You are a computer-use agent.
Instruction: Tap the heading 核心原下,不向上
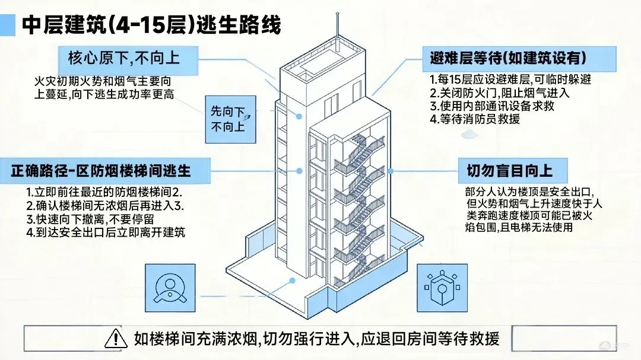[123, 58]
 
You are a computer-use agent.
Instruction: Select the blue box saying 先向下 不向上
[231, 119]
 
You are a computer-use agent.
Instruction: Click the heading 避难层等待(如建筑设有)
[508, 58]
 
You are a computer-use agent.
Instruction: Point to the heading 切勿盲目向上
[506, 171]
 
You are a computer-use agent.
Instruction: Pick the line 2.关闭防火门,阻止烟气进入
[499, 93]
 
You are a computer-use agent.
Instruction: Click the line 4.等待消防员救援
[475, 119]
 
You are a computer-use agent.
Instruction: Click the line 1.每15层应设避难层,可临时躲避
[510, 79]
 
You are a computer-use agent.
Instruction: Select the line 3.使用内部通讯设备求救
[491, 106]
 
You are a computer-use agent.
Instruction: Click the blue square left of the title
[8, 25]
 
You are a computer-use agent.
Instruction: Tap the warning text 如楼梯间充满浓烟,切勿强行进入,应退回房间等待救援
[317, 338]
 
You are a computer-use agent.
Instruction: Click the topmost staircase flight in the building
[358, 151]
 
